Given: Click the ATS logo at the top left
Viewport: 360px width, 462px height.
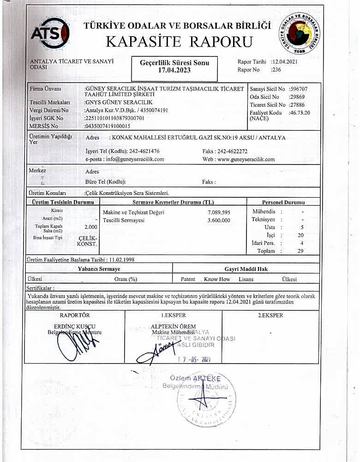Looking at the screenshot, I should click(50, 32).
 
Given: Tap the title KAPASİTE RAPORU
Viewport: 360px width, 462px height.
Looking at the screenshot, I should click(180, 42).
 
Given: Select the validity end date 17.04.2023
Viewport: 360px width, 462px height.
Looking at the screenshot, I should click(174, 71).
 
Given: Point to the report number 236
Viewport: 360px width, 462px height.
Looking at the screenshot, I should click(276, 70).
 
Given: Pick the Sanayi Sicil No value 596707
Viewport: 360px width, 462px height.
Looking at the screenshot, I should click(299, 89).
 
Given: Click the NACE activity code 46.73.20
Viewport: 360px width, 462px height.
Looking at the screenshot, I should click(299, 112).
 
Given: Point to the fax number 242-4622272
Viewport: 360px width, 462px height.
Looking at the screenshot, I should click(238, 151).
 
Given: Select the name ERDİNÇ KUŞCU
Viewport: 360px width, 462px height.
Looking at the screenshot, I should click(74, 326).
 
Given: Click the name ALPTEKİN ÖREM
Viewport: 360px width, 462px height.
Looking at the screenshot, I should click(174, 326).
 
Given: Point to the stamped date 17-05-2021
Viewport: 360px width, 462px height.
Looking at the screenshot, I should click(194, 360).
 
